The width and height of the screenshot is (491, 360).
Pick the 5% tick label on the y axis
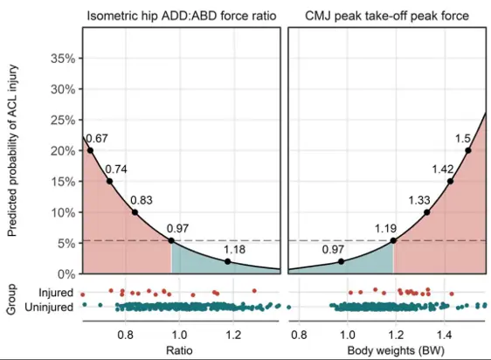click(66, 244)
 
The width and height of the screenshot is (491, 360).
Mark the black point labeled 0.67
click(90, 150)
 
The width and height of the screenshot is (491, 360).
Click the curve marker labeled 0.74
click(109, 181)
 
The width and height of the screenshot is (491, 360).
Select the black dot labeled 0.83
click(135, 212)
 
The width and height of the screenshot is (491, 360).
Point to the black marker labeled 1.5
click(469, 150)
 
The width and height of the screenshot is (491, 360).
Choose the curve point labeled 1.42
click(450, 181)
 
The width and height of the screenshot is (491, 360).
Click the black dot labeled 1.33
click(427, 212)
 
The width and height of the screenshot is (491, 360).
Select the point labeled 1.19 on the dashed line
click(393, 240)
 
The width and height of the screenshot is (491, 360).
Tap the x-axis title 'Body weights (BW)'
click(386, 350)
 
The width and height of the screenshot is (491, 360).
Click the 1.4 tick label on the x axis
click(444, 334)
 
